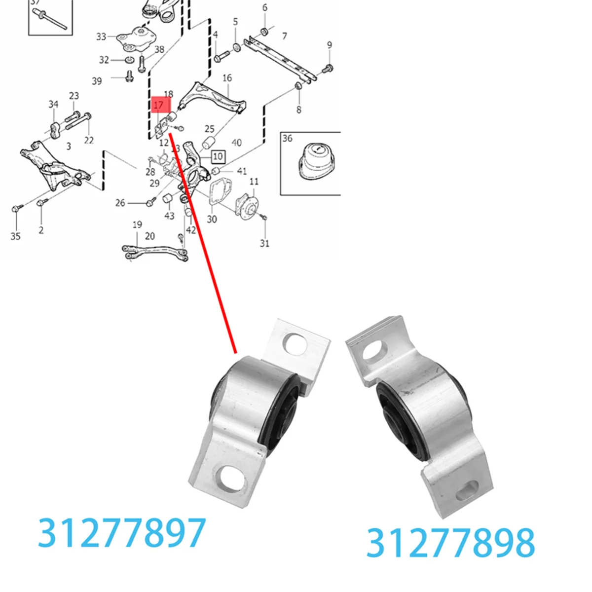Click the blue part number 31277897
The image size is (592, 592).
click(122, 533)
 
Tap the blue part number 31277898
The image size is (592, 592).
click(450, 543)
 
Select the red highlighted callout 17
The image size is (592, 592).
click(159, 105)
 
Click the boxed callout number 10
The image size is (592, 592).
click(218, 157)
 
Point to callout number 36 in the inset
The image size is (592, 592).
click(288, 139)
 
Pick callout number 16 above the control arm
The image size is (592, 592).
click(227, 78)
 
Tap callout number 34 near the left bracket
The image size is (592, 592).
click(53, 104)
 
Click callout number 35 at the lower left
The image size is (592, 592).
click(15, 236)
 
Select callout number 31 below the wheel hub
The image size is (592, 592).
click(265, 243)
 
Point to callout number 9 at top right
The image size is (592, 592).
click(330, 45)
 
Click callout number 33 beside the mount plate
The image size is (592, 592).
click(101, 37)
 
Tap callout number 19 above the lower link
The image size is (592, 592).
click(137, 224)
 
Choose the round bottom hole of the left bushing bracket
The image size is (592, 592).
click(231, 478)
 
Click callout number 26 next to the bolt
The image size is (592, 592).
click(120, 203)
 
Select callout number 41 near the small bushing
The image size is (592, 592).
click(242, 171)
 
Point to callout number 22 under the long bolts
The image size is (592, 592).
click(89, 140)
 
